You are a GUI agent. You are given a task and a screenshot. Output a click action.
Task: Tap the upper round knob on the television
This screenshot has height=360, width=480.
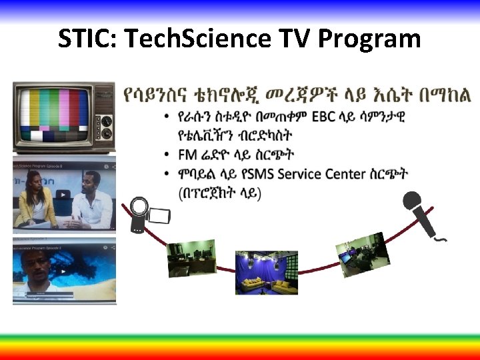pyautogui.click(x=107, y=101)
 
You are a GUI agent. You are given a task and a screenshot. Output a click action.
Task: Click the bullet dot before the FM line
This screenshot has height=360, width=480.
pyautogui.click(x=165, y=155)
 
